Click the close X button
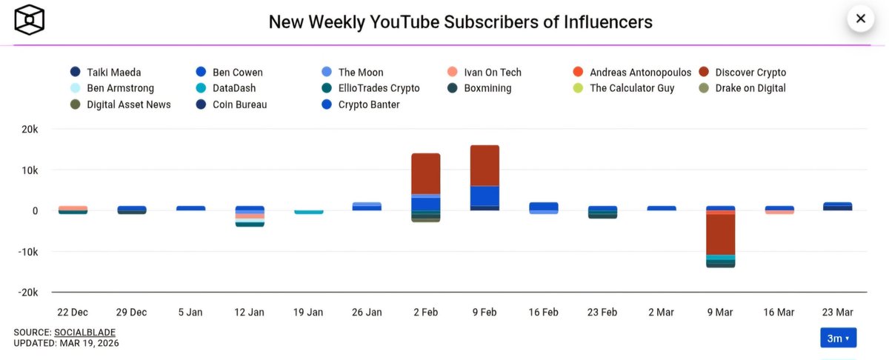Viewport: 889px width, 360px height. click(x=860, y=19)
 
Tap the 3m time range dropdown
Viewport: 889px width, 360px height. click(x=838, y=338)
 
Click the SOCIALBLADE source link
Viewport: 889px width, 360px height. click(x=84, y=332)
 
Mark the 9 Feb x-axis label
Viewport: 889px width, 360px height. click(x=484, y=312)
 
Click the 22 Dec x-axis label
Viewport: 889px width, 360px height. click(x=73, y=312)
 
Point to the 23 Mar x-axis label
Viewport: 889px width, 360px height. click(x=837, y=312)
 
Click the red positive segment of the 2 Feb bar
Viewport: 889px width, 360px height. click(x=425, y=173)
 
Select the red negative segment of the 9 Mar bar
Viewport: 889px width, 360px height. click(x=720, y=234)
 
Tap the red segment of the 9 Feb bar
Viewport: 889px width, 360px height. click(x=485, y=165)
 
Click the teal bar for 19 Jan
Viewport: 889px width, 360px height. click(x=308, y=212)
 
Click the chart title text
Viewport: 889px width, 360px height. click(x=460, y=21)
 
